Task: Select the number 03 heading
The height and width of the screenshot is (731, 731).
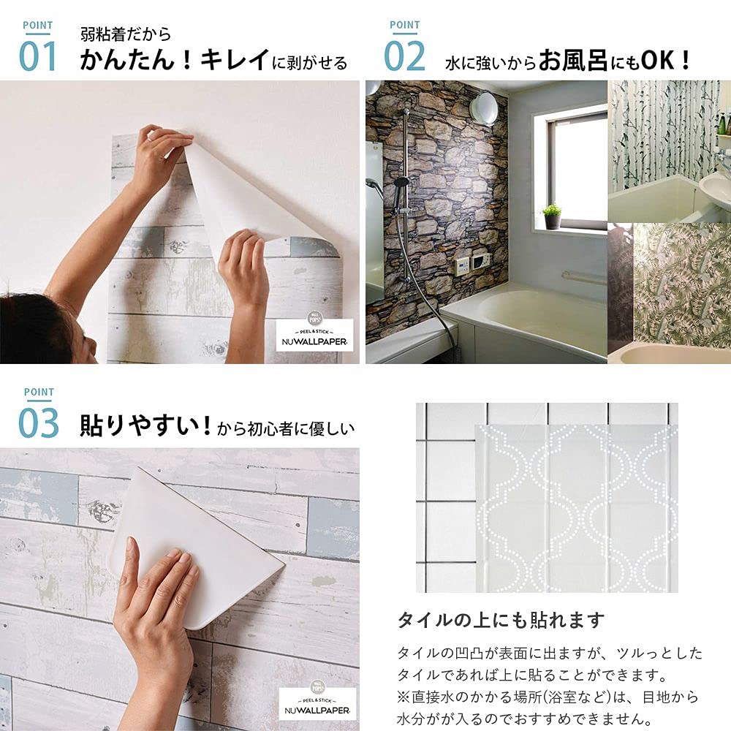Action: pos(38,424)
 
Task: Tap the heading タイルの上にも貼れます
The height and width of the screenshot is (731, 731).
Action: pos(501,621)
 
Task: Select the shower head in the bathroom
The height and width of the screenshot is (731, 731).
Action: pos(401,183)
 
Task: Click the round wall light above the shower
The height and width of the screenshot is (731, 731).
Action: pos(483,108)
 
